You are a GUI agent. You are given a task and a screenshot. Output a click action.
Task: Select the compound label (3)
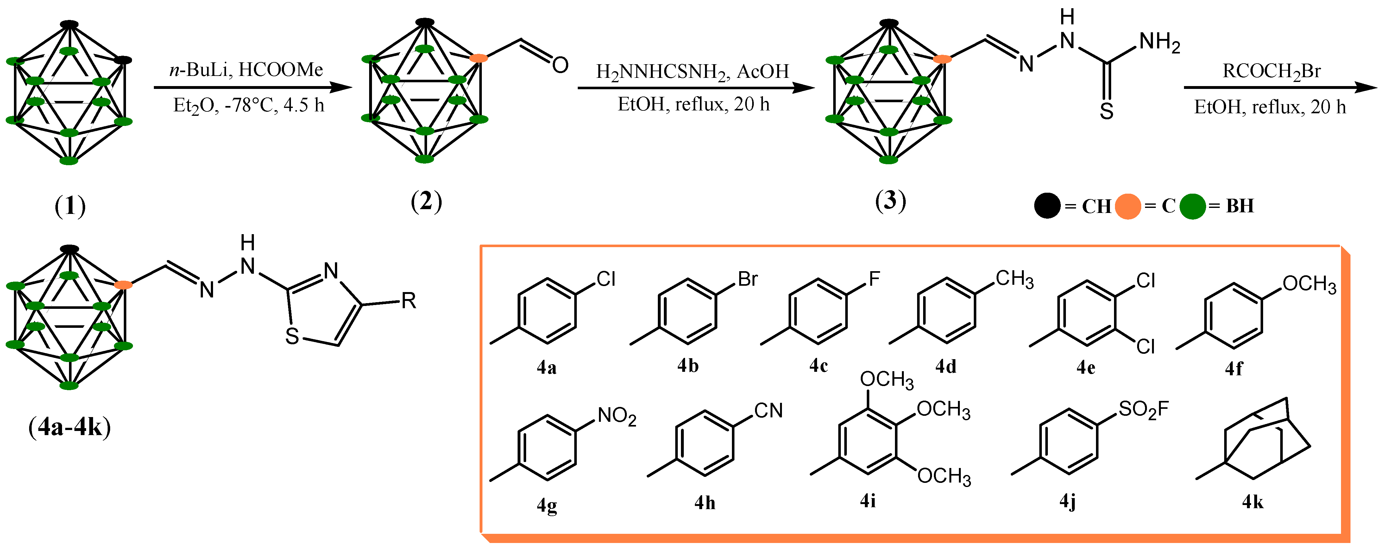point(890,200)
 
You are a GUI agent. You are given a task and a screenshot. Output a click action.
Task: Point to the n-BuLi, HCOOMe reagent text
point(246,70)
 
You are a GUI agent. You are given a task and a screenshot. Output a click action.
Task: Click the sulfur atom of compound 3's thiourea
point(1106,111)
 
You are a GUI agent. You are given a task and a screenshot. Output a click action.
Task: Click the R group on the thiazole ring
point(409,301)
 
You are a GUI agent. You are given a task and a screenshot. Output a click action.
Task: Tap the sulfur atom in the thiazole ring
point(292,336)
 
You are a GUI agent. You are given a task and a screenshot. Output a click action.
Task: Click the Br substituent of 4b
point(747,279)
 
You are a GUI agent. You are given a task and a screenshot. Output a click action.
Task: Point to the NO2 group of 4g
point(617,416)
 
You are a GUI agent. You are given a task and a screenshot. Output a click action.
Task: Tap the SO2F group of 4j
point(1143,410)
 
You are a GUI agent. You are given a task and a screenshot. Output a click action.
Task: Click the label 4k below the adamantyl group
point(1252,502)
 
